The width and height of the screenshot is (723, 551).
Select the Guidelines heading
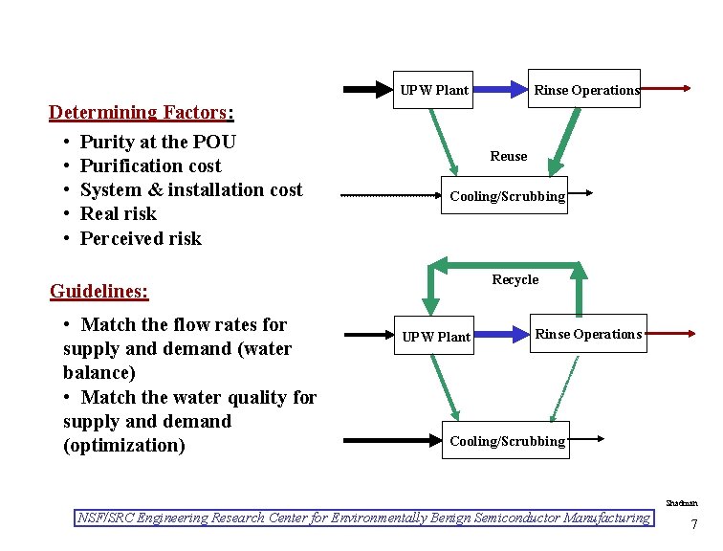(x=99, y=290)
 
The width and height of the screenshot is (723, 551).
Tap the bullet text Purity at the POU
(x=158, y=142)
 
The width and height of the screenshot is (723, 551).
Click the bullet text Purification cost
(x=150, y=165)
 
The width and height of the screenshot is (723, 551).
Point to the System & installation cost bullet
(x=190, y=189)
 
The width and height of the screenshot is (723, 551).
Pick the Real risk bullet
(x=118, y=213)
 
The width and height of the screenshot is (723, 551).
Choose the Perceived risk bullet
(x=141, y=238)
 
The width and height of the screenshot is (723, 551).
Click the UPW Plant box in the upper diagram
(x=434, y=90)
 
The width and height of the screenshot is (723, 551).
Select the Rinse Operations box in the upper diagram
(x=585, y=89)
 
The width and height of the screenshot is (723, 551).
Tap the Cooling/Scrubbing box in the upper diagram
(x=507, y=196)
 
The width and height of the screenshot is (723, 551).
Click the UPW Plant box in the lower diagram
(x=436, y=336)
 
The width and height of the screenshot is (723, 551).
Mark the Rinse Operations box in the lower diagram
(x=587, y=334)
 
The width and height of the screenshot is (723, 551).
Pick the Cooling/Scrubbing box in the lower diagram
(x=507, y=440)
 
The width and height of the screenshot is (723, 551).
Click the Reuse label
(x=508, y=156)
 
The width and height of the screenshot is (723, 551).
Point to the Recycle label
(x=515, y=279)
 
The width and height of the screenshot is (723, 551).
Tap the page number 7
(x=693, y=524)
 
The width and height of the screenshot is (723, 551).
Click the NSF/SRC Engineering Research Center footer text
(x=363, y=518)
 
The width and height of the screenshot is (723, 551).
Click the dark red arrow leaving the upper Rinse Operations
(x=666, y=88)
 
